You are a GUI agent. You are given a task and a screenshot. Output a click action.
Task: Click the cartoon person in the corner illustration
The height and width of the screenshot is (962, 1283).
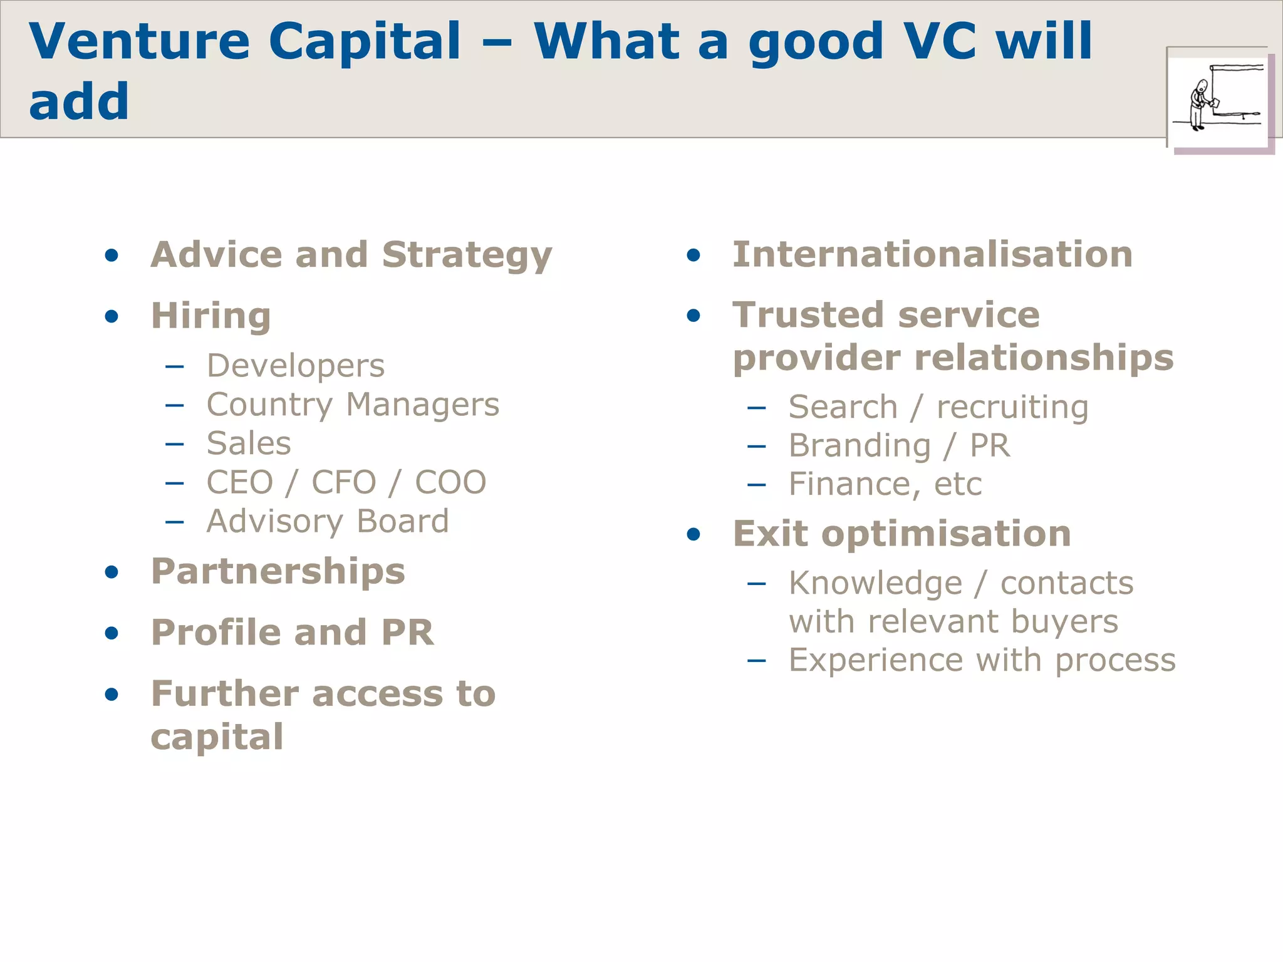point(1198,104)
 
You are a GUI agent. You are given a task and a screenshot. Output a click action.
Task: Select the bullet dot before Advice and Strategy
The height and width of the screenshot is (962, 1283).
point(112,255)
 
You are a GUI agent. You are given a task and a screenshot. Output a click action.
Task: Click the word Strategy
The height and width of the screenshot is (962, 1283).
point(467,255)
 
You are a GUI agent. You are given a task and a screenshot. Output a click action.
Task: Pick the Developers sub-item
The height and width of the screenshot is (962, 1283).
point(296,366)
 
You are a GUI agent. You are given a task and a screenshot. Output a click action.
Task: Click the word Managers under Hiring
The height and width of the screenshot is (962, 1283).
point(422,405)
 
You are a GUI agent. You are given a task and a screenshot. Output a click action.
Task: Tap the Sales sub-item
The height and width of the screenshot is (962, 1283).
point(249,443)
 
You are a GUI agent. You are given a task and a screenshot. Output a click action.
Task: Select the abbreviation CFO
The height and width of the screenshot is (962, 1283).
point(344,482)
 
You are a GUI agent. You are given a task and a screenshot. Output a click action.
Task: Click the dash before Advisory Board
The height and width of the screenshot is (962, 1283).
point(175,521)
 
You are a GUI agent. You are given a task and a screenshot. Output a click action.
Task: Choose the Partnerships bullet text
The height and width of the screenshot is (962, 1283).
point(278,571)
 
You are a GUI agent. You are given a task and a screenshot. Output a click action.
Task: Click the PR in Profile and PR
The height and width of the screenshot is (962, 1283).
point(407,632)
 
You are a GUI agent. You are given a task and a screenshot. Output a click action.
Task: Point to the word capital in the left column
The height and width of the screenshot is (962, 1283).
point(217,737)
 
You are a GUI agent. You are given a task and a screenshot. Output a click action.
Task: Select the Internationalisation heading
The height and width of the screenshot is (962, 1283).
point(932,254)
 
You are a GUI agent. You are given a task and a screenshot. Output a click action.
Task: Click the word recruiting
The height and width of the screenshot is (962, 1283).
point(1012,407)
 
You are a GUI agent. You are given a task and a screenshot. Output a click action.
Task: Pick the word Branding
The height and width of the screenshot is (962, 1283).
point(860,446)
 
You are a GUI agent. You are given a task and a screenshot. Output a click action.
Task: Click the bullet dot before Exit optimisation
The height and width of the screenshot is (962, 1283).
point(693,534)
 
